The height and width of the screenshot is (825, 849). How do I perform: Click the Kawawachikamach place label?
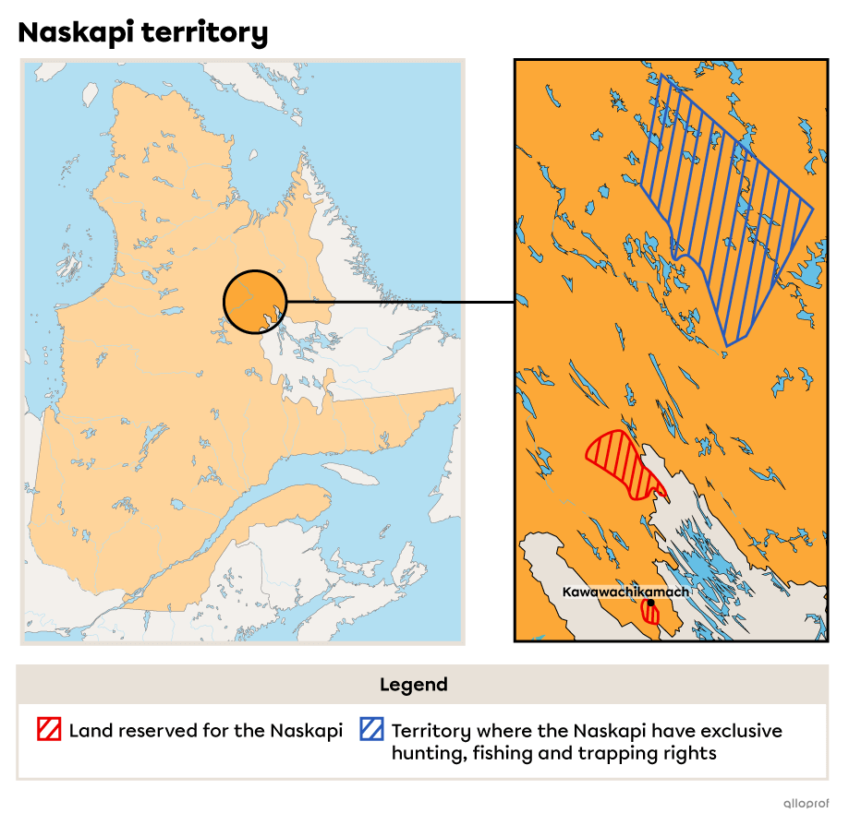click(625, 592)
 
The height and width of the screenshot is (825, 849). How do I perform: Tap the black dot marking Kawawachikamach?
click(650, 603)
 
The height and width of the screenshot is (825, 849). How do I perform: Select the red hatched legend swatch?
click(49, 730)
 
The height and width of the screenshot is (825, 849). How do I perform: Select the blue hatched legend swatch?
click(372, 730)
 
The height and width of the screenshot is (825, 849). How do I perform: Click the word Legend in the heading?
click(413, 685)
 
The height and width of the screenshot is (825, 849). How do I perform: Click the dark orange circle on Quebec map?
click(255, 301)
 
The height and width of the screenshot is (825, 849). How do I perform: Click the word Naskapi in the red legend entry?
click(306, 731)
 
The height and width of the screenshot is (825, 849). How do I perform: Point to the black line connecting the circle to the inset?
click(374, 302)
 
